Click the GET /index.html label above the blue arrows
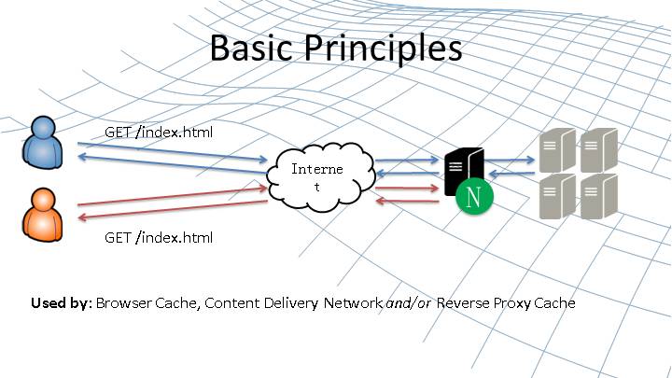click(x=159, y=132)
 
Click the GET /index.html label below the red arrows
click(x=159, y=237)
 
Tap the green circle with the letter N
click(x=475, y=198)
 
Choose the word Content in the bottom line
click(x=231, y=303)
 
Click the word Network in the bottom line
click(x=352, y=303)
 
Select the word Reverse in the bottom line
click(x=464, y=303)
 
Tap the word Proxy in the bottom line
click(x=513, y=303)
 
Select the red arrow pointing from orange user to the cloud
click(x=173, y=195)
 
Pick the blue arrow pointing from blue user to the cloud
click(x=173, y=151)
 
